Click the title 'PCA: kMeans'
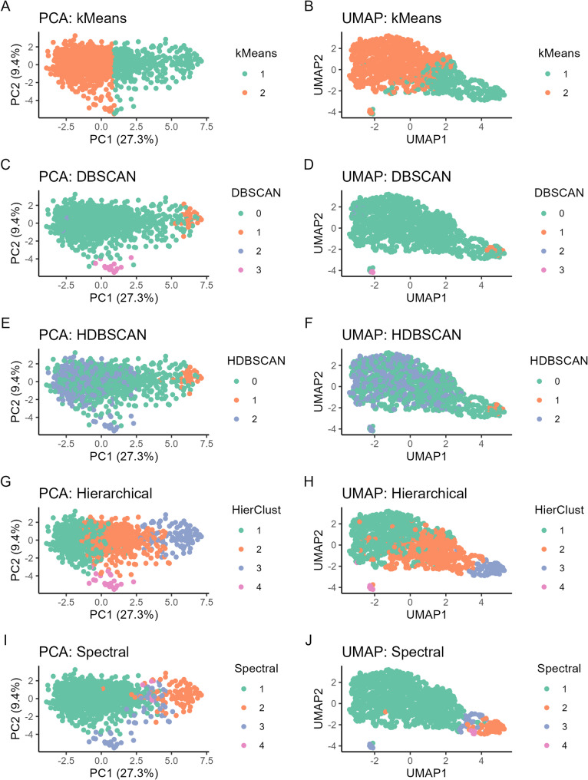pyautogui.click(x=83, y=18)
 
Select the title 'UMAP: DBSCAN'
pyautogui.click(x=396, y=177)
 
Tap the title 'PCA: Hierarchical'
pyautogui.click(x=95, y=494)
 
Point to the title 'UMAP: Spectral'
pyautogui.click(x=393, y=652)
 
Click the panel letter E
pyautogui.click(x=5, y=323)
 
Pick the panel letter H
pyautogui.click(x=309, y=481)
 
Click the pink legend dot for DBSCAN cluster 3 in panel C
pyautogui.click(x=241, y=270)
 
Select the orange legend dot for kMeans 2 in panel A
pyautogui.click(x=245, y=93)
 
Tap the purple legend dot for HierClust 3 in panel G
pyautogui.click(x=241, y=568)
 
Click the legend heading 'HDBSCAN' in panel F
pyautogui.click(x=559, y=361)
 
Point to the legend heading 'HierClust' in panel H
pyautogui.click(x=559, y=510)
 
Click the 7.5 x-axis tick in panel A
pyautogui.click(x=206, y=127)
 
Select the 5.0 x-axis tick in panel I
pyautogui.click(x=171, y=760)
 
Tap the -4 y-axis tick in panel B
pyautogui.click(x=332, y=112)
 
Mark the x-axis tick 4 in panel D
pyautogui.click(x=481, y=285)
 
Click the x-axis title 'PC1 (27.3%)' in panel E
pyautogui.click(x=124, y=456)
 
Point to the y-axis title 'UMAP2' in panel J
pyautogui.click(x=319, y=709)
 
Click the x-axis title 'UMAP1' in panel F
pyautogui.click(x=426, y=456)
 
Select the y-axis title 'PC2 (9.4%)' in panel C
pyautogui.click(x=16, y=233)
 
